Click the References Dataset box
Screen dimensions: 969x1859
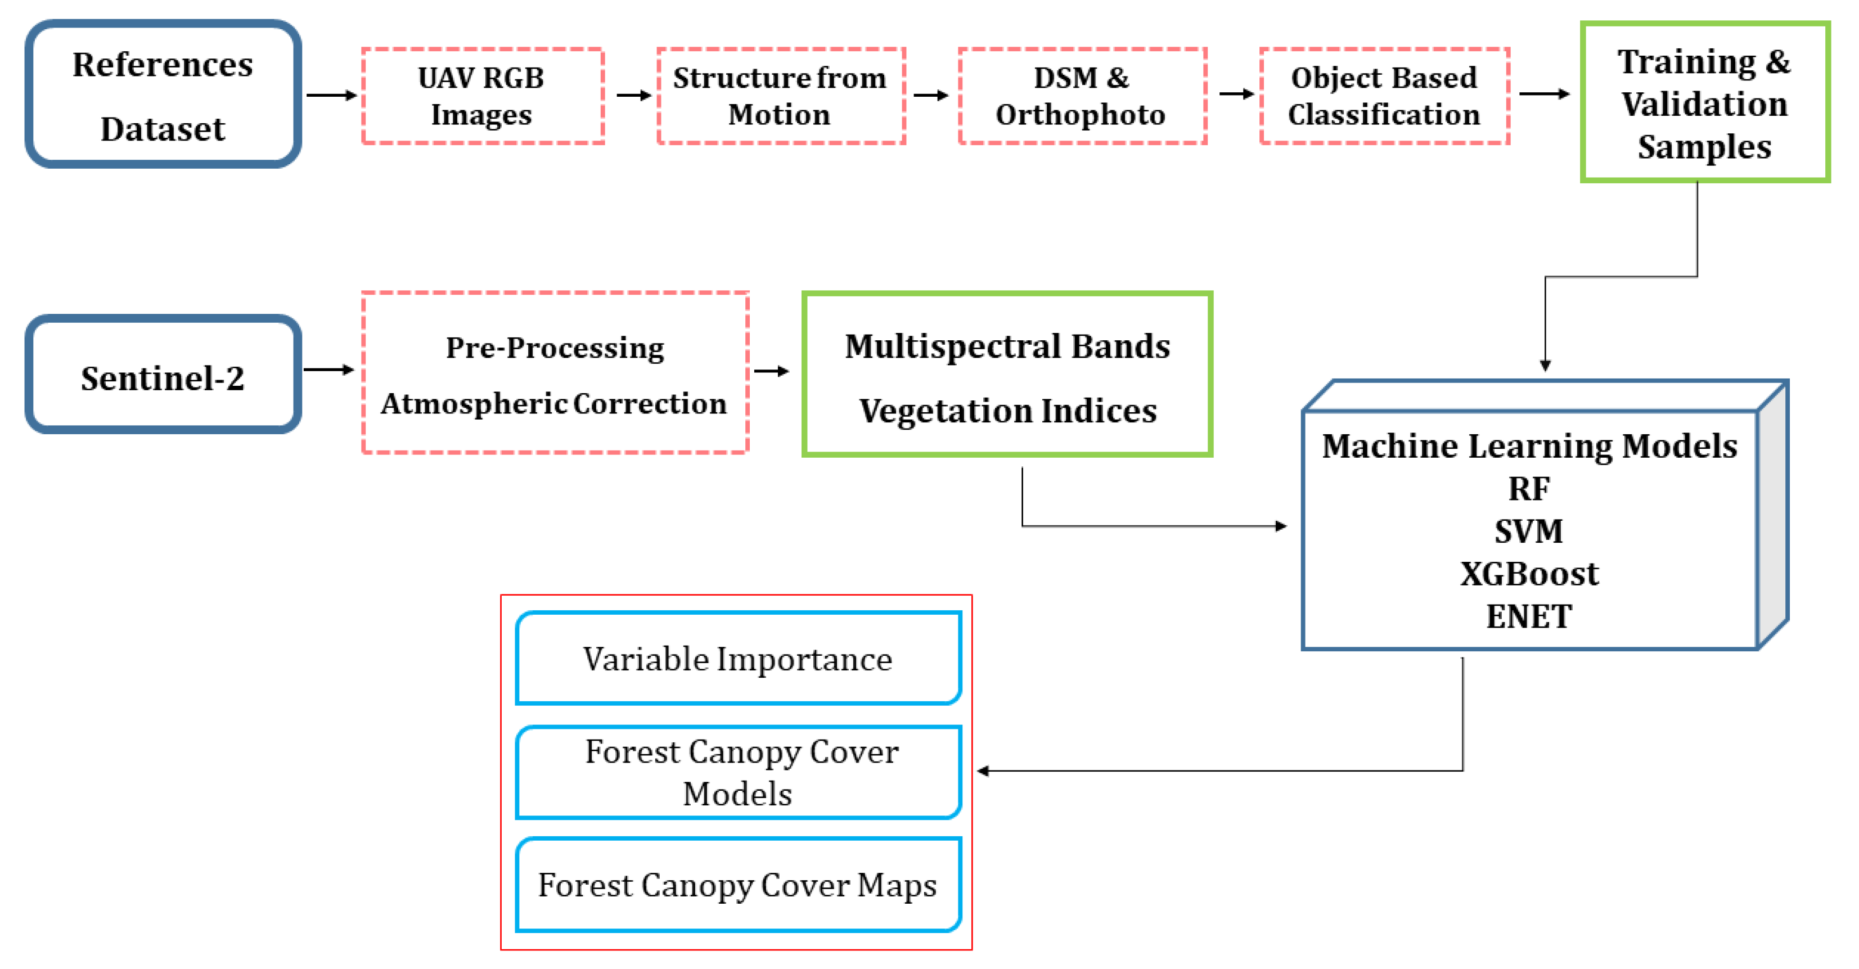(x=163, y=95)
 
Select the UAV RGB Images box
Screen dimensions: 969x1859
(x=482, y=96)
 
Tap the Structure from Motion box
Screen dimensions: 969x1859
(x=780, y=96)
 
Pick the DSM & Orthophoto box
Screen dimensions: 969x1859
(x=1081, y=96)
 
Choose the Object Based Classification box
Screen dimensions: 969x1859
(x=1384, y=96)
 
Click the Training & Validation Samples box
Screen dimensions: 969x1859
(x=1704, y=102)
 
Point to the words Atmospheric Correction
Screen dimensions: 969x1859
(x=553, y=404)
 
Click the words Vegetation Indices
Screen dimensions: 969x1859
(x=1007, y=411)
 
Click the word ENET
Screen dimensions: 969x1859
(x=1528, y=617)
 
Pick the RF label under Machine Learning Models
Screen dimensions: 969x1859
(x=1528, y=489)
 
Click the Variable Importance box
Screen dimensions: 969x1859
(x=737, y=659)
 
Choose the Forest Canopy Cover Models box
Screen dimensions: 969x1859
(x=737, y=772)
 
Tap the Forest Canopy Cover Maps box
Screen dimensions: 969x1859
(x=737, y=885)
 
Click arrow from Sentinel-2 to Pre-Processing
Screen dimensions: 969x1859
(x=329, y=370)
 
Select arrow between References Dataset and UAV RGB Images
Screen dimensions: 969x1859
(x=331, y=95)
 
